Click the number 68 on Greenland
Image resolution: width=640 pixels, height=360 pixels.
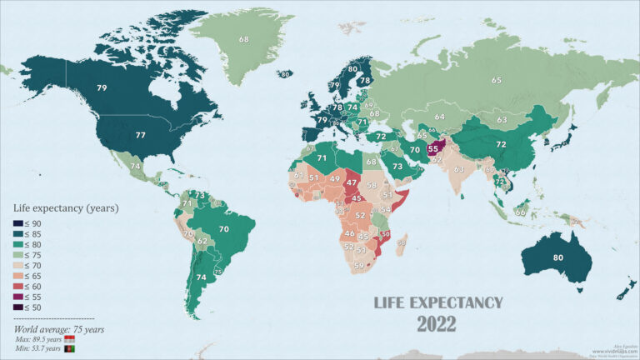coord(244,39)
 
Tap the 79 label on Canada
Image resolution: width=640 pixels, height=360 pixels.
coord(102,87)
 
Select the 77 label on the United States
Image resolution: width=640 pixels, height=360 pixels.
coord(141,134)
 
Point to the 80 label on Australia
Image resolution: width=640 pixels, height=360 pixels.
coord(557,257)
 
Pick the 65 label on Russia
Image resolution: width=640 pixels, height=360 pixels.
coord(497,80)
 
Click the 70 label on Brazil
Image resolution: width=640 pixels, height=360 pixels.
coord(223,227)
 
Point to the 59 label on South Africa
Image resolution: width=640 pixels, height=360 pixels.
coord(359,267)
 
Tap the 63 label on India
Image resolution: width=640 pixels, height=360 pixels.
coord(458,168)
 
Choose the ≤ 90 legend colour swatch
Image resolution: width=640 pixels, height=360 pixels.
coord(18,222)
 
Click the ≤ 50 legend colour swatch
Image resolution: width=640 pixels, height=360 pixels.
coord(18,307)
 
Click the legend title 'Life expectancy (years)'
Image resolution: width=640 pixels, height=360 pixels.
coord(65,207)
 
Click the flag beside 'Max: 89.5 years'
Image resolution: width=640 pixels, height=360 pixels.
coord(71,340)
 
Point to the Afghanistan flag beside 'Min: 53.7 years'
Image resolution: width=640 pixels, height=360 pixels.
coord(70,349)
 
